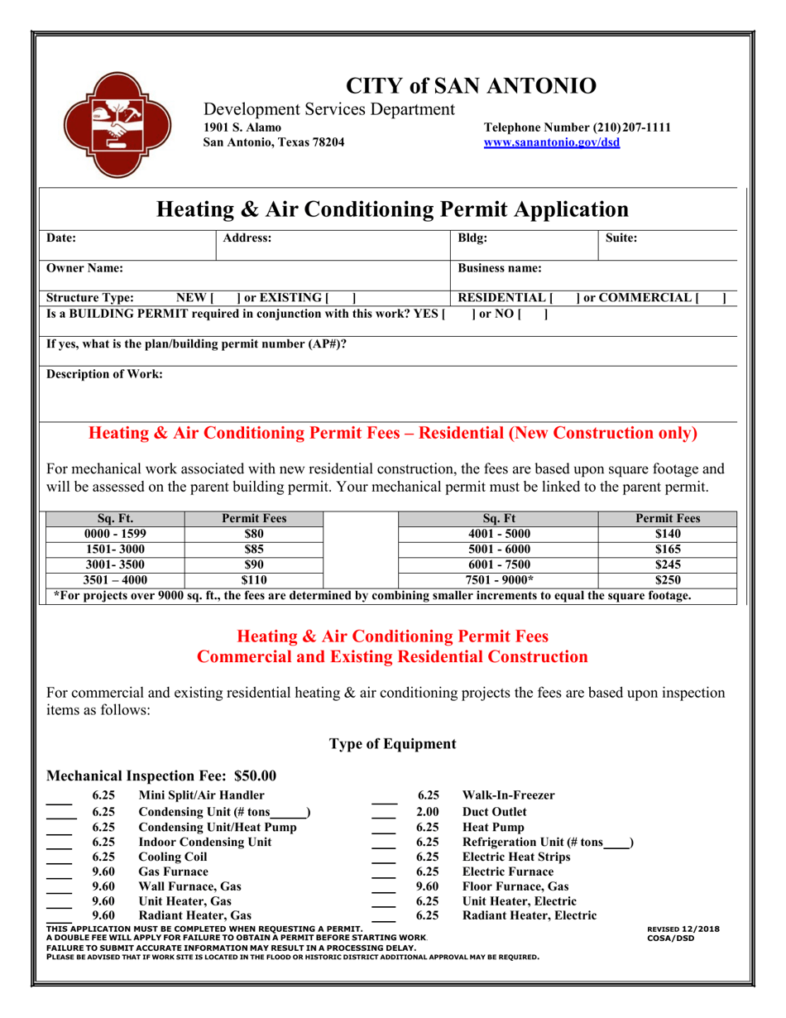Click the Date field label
[x=61, y=238]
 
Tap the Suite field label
[x=621, y=238]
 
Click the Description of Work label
[x=104, y=374]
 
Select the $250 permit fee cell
[x=667, y=580]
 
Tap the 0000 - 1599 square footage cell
[x=114, y=534]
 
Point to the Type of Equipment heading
[x=393, y=744]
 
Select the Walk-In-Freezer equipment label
[x=508, y=796]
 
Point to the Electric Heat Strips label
[x=519, y=857]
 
